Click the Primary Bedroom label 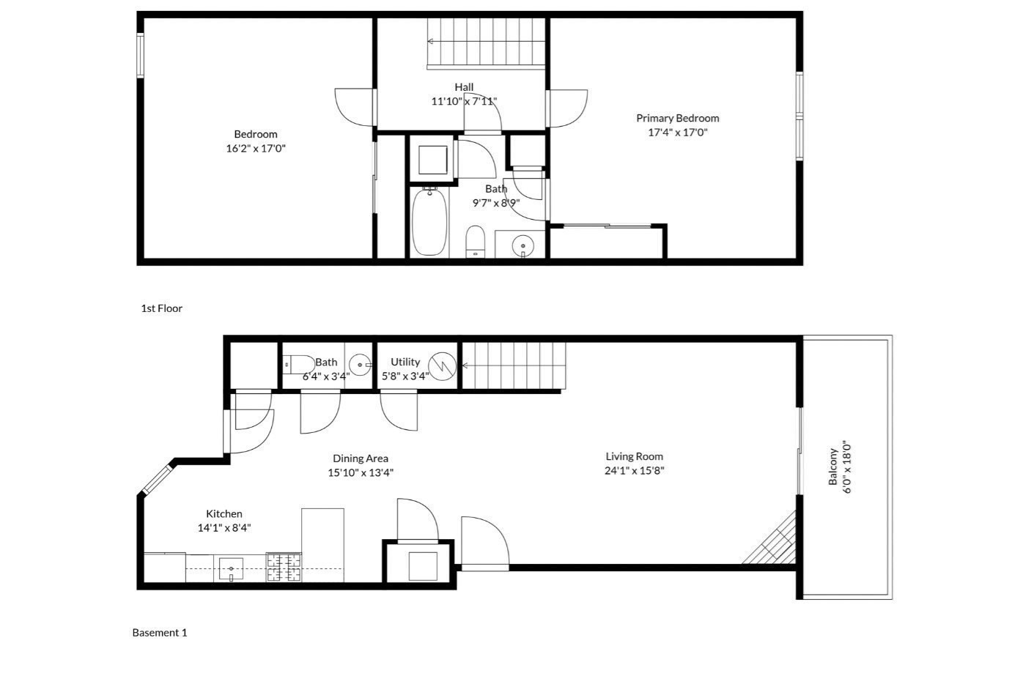coord(677,118)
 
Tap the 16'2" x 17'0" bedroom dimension coord(255,148)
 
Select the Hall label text coord(463,87)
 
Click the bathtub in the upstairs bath coord(429,223)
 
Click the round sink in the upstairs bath coord(522,245)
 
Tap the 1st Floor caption coord(161,308)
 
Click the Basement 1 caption coord(159,632)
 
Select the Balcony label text coord(833,467)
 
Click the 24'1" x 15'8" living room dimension coord(634,470)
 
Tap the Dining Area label coord(360,458)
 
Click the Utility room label coord(405,362)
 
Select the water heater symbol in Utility coord(442,365)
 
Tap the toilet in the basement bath coord(298,363)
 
